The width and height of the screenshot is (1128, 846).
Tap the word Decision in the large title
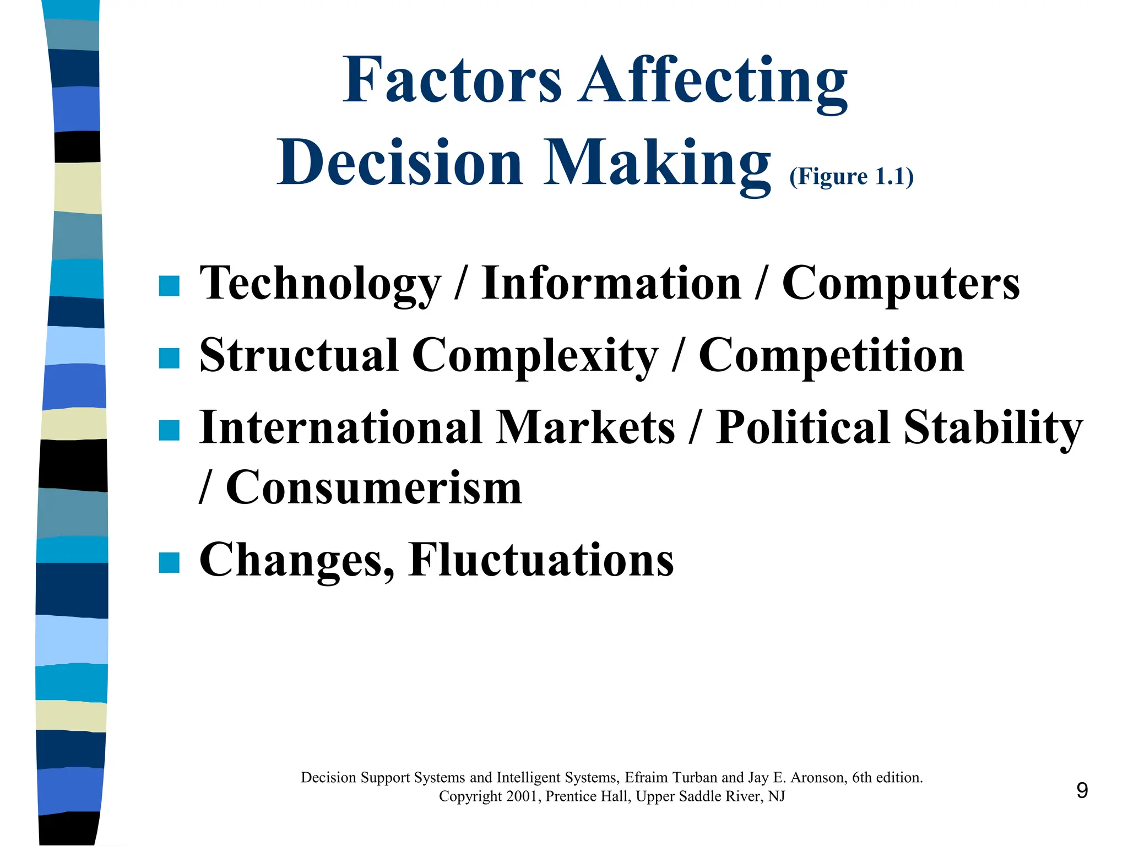point(400,163)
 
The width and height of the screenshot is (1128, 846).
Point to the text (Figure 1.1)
point(852,177)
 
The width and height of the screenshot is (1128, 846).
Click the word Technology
point(320,284)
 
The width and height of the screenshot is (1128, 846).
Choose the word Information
point(611,283)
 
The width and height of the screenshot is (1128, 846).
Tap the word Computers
point(901,284)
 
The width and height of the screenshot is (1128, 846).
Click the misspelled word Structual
point(299,355)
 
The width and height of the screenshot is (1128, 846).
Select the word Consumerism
point(374,487)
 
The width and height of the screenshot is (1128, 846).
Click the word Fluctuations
point(541,560)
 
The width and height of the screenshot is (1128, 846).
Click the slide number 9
point(1082,791)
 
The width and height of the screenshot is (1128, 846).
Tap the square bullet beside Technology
point(169,286)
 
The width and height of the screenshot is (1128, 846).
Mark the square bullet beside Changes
point(169,563)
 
